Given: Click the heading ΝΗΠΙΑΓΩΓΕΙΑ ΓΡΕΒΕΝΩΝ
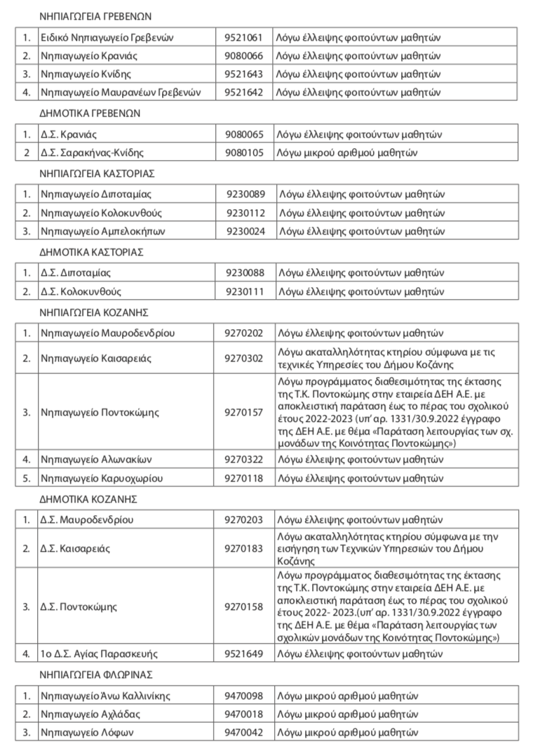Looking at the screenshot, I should (x=97, y=15).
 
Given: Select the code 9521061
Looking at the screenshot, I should (x=243, y=36).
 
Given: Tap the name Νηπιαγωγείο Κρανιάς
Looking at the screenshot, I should (x=86, y=55).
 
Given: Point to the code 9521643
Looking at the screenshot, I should (x=243, y=73).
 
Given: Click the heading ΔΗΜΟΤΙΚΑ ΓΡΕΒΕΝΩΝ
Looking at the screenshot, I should (x=91, y=112).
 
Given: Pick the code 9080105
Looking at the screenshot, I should (x=243, y=152).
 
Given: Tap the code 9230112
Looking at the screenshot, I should (x=245, y=212).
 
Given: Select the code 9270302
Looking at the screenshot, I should (x=243, y=358).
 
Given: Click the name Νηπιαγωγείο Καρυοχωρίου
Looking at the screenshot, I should (x=95, y=478).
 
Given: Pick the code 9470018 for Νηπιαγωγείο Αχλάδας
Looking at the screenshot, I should (x=243, y=714).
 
